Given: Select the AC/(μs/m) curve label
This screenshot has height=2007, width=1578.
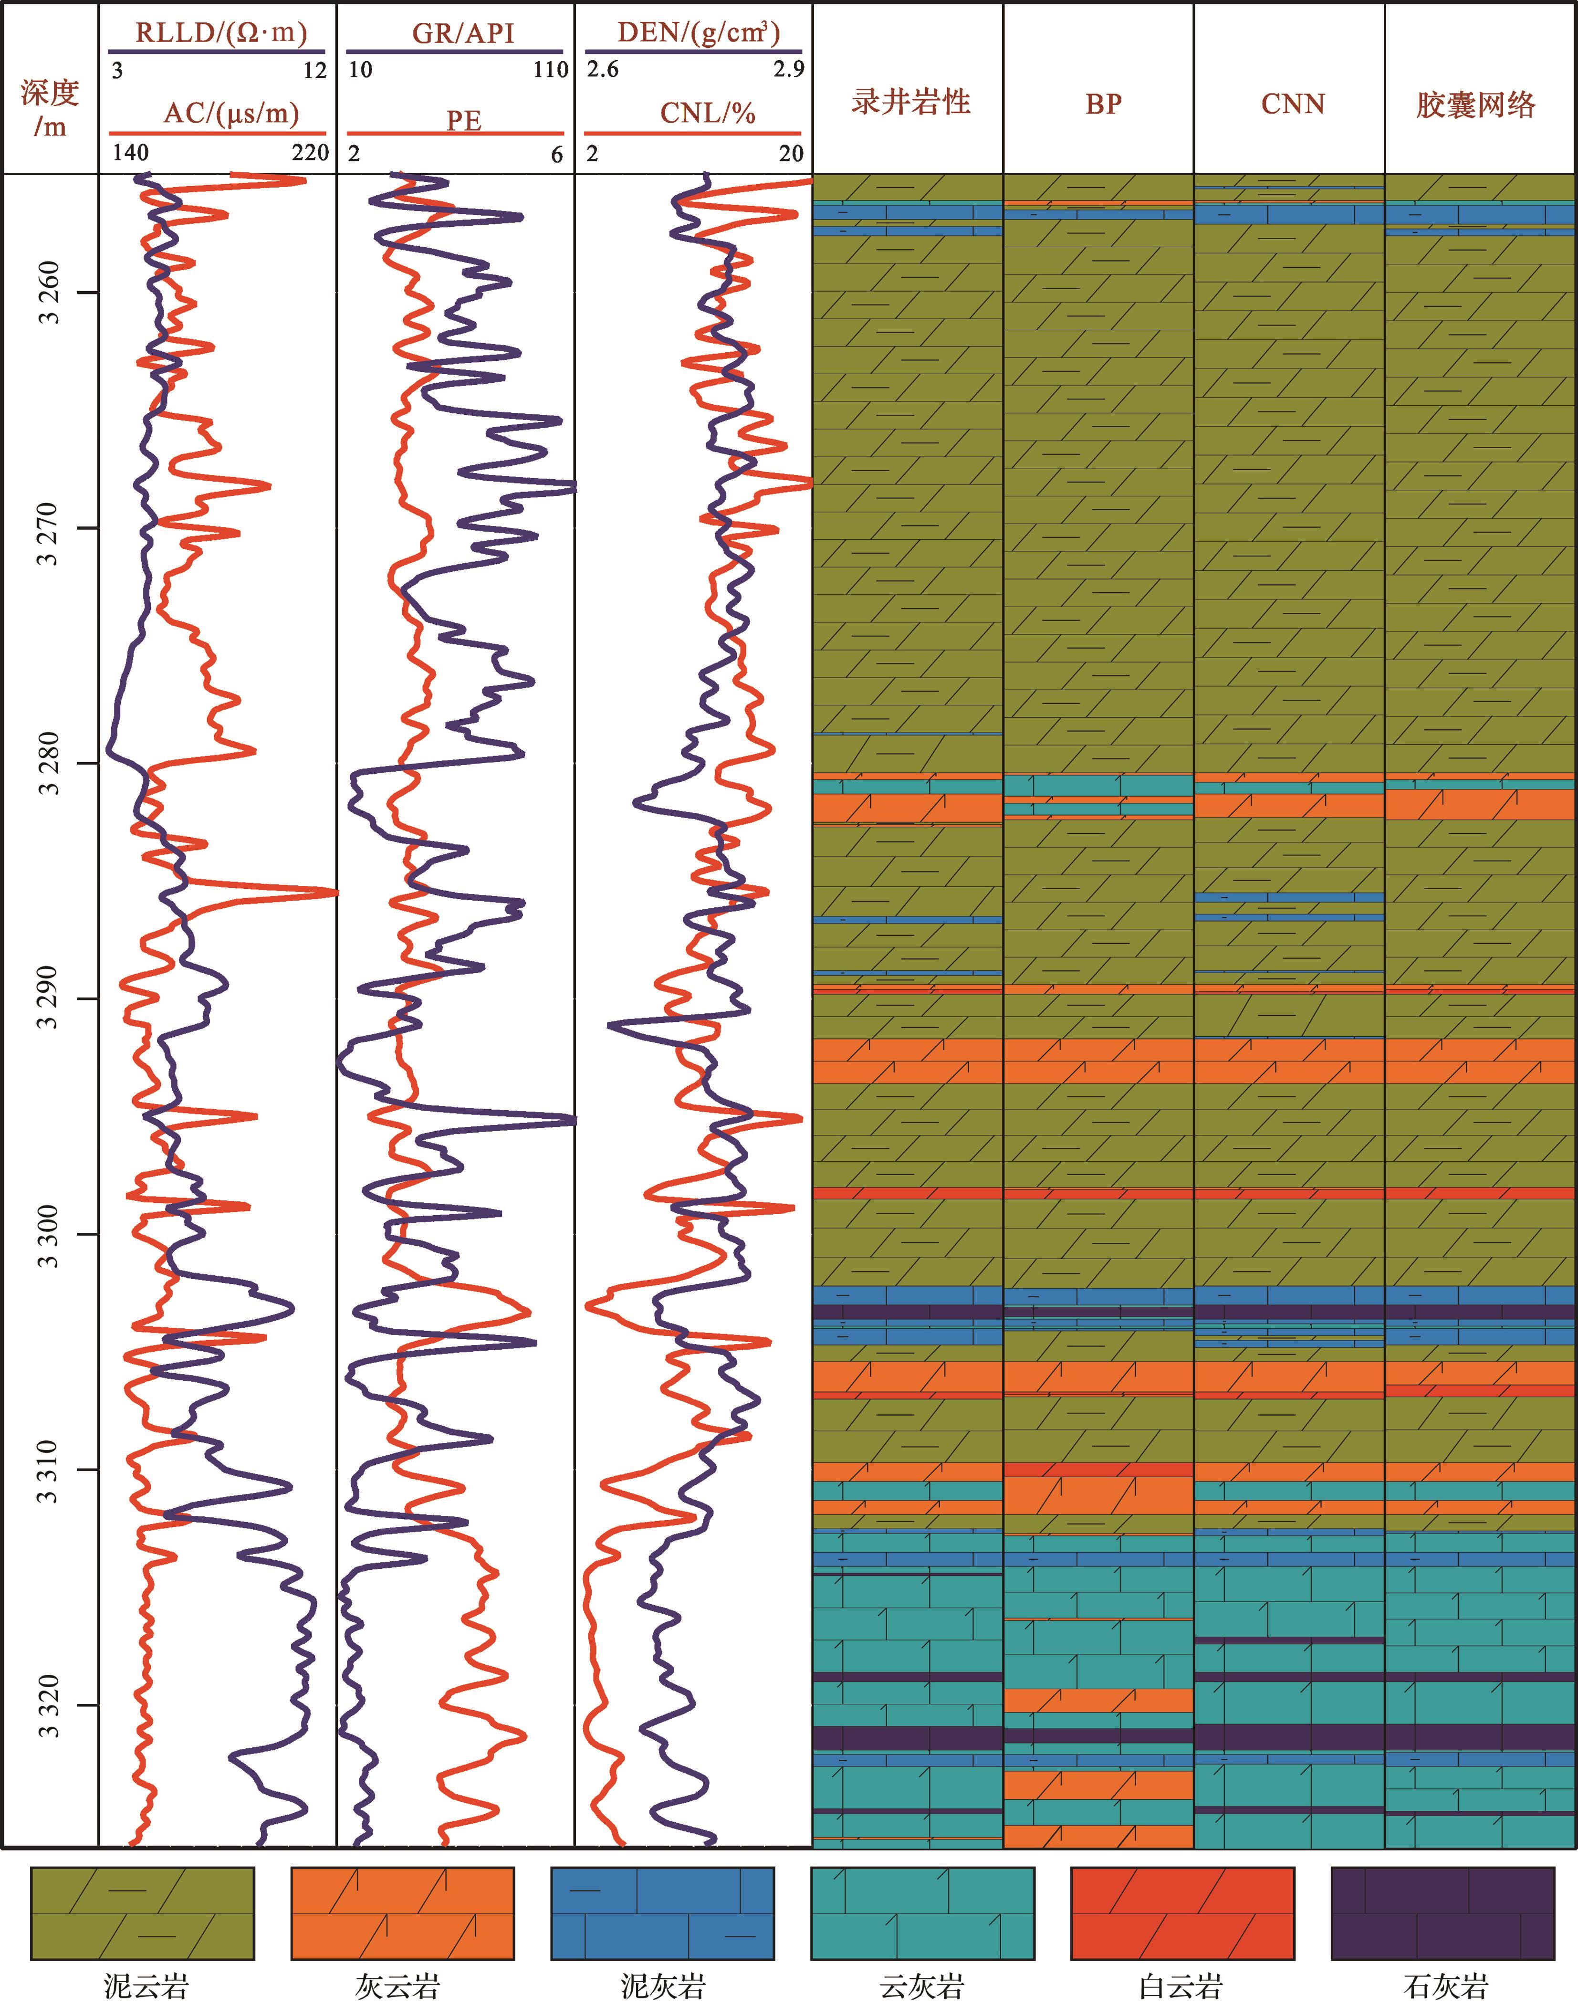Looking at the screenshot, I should (231, 114).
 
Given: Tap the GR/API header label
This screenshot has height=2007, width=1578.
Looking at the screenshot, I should (462, 33).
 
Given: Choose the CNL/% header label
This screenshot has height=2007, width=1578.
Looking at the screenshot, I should (707, 114).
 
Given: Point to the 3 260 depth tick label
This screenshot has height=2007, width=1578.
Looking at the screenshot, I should (50, 293).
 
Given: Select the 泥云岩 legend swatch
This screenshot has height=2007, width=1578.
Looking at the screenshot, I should (142, 1913).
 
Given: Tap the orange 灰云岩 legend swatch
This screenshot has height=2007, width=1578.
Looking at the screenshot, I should (402, 1913).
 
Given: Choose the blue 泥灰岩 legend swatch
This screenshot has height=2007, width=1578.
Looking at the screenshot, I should (662, 1913).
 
